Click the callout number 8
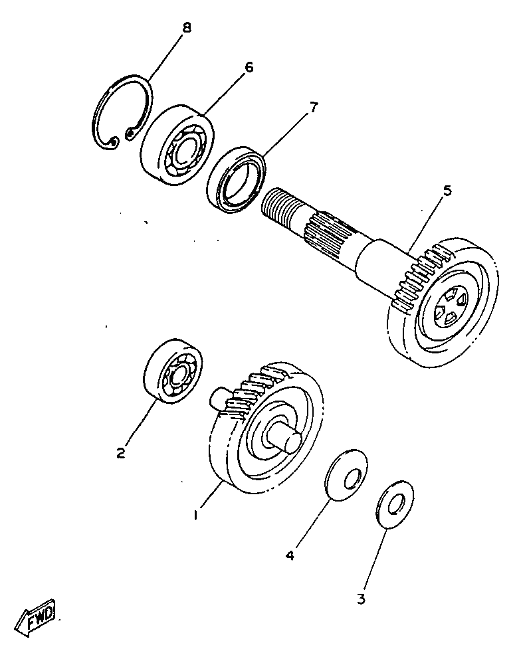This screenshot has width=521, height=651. click(x=187, y=28)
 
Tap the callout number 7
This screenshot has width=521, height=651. click(x=313, y=108)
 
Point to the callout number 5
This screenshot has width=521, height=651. click(x=447, y=191)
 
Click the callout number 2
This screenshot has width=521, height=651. click(x=120, y=453)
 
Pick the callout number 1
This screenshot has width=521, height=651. click(x=196, y=514)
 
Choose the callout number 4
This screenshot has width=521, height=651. click(x=290, y=553)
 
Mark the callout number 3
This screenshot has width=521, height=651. click(x=361, y=599)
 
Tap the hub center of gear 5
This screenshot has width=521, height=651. click(x=448, y=308)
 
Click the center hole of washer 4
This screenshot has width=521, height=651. click(x=352, y=478)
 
